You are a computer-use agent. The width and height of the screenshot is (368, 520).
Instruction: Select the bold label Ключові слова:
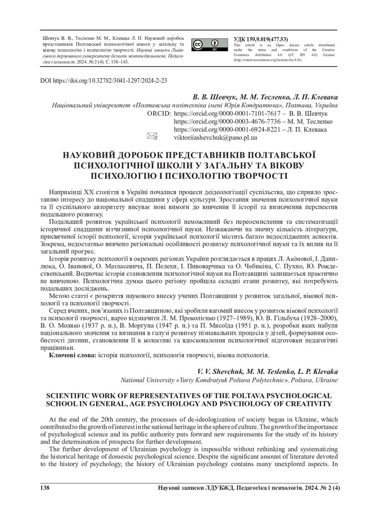[x=71, y=355]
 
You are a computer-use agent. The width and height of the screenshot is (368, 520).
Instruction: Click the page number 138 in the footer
[x=45, y=488]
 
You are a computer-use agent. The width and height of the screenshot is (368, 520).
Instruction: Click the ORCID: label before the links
[x=158, y=113]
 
